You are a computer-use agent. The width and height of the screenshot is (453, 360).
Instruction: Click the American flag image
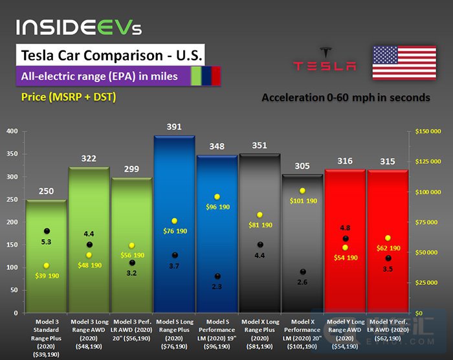tap(404, 63)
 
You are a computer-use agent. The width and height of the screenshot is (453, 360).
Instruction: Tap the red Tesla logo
tap(324, 59)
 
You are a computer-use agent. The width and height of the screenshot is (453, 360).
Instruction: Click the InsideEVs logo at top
tap(78, 27)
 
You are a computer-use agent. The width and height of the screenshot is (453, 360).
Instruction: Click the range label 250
tap(46, 191)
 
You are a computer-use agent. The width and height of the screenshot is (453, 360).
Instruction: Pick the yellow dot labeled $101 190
tap(302, 191)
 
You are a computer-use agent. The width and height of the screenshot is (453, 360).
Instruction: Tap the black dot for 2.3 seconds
tap(217, 276)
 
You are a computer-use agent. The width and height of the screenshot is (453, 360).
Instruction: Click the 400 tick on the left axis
tap(12, 131)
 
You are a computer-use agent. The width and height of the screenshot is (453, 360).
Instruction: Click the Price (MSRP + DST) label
tap(69, 97)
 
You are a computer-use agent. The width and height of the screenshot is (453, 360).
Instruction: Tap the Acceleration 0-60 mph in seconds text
tap(346, 98)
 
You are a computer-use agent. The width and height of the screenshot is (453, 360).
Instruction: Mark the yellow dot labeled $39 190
tap(47, 265)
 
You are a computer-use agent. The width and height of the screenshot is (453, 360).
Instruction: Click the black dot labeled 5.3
tap(47, 231)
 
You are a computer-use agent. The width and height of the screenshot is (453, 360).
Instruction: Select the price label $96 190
tap(217, 207)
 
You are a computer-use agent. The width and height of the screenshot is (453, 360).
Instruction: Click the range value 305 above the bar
tap(302, 166)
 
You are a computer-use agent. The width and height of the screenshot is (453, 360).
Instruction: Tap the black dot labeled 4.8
tap(346, 239)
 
